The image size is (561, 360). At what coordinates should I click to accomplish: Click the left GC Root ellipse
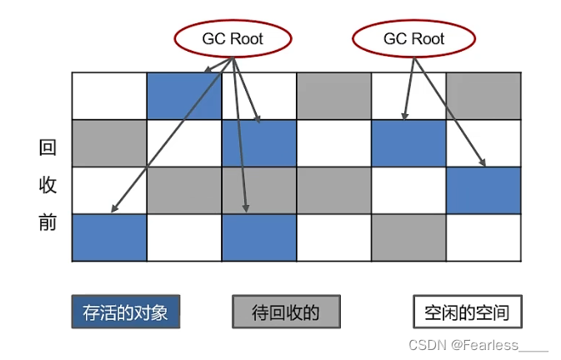click(233, 38)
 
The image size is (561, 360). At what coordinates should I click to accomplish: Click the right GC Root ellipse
click(413, 38)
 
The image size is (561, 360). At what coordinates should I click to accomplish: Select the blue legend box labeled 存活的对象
click(125, 313)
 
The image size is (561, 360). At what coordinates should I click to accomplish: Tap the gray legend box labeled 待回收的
click(286, 313)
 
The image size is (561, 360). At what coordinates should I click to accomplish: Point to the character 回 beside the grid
click(48, 148)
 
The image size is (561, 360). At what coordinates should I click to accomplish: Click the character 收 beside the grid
click(48, 186)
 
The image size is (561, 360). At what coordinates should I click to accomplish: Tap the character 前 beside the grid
click(48, 223)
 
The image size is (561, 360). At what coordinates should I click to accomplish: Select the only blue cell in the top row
click(184, 96)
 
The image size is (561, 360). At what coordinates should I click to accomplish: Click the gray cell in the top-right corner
click(484, 96)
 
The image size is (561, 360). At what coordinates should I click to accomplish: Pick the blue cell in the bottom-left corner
click(109, 237)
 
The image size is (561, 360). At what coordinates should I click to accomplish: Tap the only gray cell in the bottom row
click(409, 237)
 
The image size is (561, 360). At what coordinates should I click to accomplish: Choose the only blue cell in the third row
click(484, 190)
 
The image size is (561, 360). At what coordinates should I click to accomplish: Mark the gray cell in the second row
click(109, 143)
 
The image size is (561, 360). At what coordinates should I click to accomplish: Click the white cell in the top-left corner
click(109, 96)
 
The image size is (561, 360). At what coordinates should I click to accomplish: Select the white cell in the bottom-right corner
click(484, 237)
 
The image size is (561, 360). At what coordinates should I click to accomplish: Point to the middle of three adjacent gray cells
click(259, 190)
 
